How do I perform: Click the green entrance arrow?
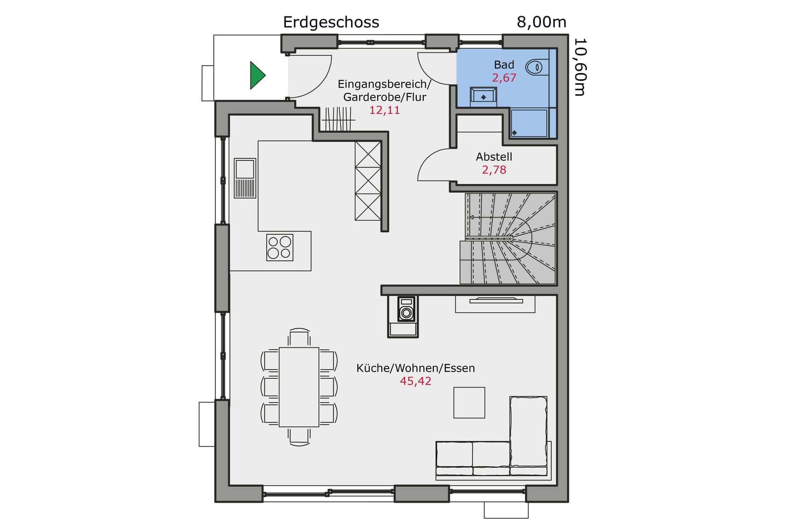click(257, 75)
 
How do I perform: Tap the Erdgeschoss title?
click(331, 22)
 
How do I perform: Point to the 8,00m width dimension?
click(541, 22)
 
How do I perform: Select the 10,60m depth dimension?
click(580, 67)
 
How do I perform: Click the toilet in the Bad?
click(536, 67)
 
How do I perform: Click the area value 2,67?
click(504, 78)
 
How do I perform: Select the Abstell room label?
click(494, 157)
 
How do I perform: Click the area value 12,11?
click(384, 110)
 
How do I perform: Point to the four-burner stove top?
click(280, 247)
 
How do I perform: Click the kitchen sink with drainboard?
click(245, 178)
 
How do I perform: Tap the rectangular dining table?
click(299, 387)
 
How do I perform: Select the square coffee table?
click(469, 402)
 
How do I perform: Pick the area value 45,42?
click(415, 381)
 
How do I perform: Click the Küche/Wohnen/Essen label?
click(415, 368)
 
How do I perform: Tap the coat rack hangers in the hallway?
click(338, 119)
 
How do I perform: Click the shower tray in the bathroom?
click(529, 123)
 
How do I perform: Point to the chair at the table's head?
click(299, 338)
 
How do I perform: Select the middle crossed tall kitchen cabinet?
click(367, 180)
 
